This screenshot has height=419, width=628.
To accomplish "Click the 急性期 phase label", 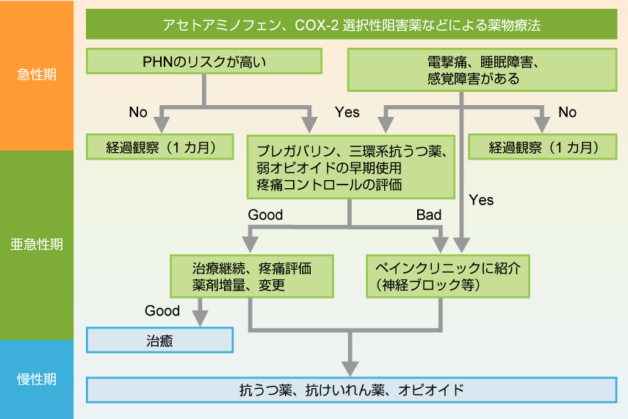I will point(37,74).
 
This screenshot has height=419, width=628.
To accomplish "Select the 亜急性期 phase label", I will point(37,244).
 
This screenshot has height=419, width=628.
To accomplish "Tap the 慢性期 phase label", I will point(37,379).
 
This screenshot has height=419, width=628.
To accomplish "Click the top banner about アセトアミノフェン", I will point(351,24).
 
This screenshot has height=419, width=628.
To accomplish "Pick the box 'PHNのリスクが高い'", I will point(204,62).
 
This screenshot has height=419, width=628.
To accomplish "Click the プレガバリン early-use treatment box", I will point(351,167).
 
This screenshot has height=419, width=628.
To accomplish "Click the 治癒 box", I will point(159,340).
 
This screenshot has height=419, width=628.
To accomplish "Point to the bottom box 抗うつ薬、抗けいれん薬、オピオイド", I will point(351,390).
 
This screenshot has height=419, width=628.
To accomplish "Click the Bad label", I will point(429,215).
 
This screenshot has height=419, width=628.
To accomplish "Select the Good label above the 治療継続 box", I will point(265,215).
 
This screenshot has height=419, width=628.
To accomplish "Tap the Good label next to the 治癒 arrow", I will point(162,311).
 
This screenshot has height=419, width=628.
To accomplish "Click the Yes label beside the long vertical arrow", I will point(481,199).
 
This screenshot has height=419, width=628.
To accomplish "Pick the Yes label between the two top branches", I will point(347,112).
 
